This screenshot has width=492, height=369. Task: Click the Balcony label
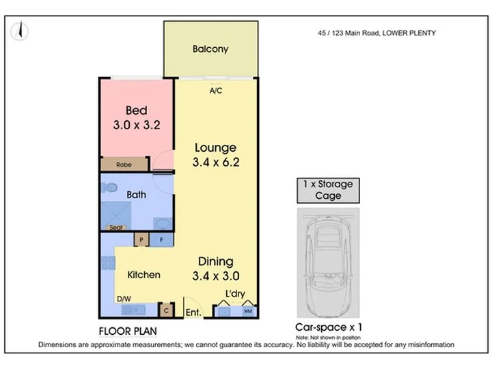(x=210, y=49)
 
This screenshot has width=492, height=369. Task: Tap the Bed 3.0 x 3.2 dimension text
(x=137, y=125)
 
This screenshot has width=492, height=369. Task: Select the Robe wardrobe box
(x=124, y=164)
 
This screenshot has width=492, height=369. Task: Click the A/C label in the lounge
(x=215, y=91)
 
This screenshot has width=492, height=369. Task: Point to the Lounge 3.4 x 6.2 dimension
(x=216, y=162)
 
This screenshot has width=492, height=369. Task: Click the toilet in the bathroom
(x=109, y=188)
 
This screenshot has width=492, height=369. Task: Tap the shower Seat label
(x=115, y=228)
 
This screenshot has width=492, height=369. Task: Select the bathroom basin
(x=162, y=223)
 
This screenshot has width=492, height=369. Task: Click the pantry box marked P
(x=141, y=240)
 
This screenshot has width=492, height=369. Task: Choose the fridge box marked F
(x=161, y=240)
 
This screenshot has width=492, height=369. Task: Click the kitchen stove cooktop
(x=108, y=263)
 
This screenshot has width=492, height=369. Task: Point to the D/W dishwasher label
(x=124, y=299)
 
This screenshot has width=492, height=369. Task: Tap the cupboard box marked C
(x=166, y=311)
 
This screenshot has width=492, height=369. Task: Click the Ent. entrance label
(x=193, y=312)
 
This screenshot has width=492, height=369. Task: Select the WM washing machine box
(x=248, y=312)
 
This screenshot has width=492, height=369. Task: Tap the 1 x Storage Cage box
(x=328, y=190)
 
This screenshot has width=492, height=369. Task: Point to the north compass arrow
(x=20, y=29)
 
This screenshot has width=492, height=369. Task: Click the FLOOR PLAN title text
(x=128, y=331)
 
